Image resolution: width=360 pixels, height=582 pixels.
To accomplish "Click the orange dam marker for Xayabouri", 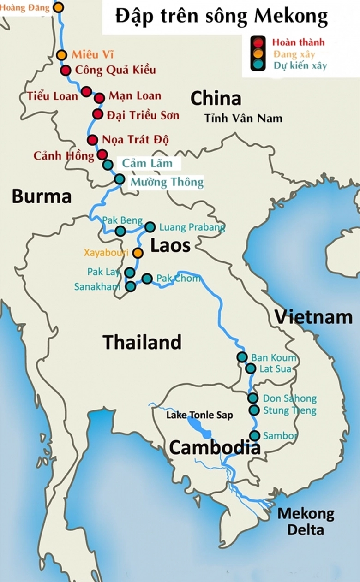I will (138, 253).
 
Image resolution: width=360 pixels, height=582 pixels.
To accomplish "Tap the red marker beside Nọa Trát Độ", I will (92, 140).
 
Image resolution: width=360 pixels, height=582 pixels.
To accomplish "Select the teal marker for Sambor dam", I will (255, 435).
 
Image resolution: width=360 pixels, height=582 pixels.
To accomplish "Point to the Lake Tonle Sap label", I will (199, 415).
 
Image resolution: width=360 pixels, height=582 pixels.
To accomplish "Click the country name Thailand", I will (142, 342).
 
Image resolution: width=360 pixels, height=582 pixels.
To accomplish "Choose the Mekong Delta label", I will (305, 521).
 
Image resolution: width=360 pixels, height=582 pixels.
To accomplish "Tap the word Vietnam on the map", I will (313, 317).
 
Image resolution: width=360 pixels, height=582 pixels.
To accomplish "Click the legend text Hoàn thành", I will (299, 42).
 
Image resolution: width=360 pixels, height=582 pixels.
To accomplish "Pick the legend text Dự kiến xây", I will (300, 65).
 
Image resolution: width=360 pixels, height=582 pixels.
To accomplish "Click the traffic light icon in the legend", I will (258, 53).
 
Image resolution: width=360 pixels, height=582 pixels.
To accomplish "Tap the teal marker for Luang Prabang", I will (150, 227).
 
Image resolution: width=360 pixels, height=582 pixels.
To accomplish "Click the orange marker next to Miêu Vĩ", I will (61, 55).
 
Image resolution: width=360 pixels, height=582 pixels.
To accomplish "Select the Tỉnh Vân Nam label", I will (243, 119).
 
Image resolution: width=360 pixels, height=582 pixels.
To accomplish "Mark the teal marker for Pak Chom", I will (147, 278).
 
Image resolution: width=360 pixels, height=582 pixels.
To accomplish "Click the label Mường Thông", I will (167, 182).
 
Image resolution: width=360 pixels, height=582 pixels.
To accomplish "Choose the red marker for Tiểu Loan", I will (86, 91).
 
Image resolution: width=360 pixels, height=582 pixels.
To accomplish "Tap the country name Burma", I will (42, 196).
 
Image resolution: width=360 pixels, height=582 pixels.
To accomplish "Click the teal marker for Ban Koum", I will (242, 357).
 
